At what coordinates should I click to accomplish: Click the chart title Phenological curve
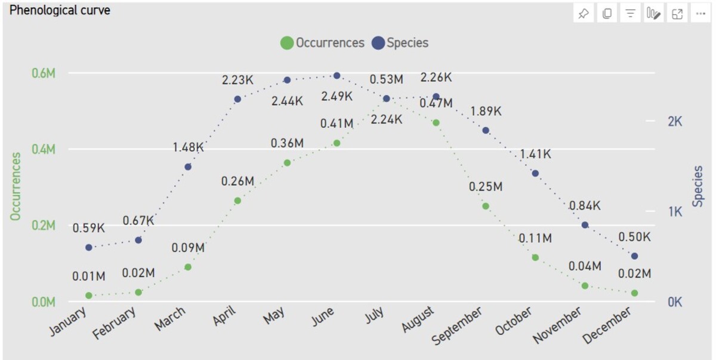60,10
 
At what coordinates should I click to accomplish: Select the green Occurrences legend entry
323,43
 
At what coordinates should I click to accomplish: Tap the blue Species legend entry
400,43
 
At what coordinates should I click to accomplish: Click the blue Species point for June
337,76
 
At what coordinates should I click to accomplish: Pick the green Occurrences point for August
436,122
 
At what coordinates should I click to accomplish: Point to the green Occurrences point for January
89,296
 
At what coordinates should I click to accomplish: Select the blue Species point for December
634,256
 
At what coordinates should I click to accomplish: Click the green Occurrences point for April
237,201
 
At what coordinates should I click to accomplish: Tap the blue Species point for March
188,167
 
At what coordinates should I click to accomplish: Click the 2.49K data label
337,96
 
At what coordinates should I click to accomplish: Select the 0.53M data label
386,79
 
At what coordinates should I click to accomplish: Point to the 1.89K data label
486,111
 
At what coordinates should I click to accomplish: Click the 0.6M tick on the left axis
43,73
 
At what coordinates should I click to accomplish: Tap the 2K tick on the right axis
675,122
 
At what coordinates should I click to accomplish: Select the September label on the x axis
458,326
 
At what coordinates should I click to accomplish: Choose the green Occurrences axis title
16,186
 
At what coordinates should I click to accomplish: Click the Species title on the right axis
698,186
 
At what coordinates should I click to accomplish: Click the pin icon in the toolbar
583,14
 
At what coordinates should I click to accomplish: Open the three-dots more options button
700,14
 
